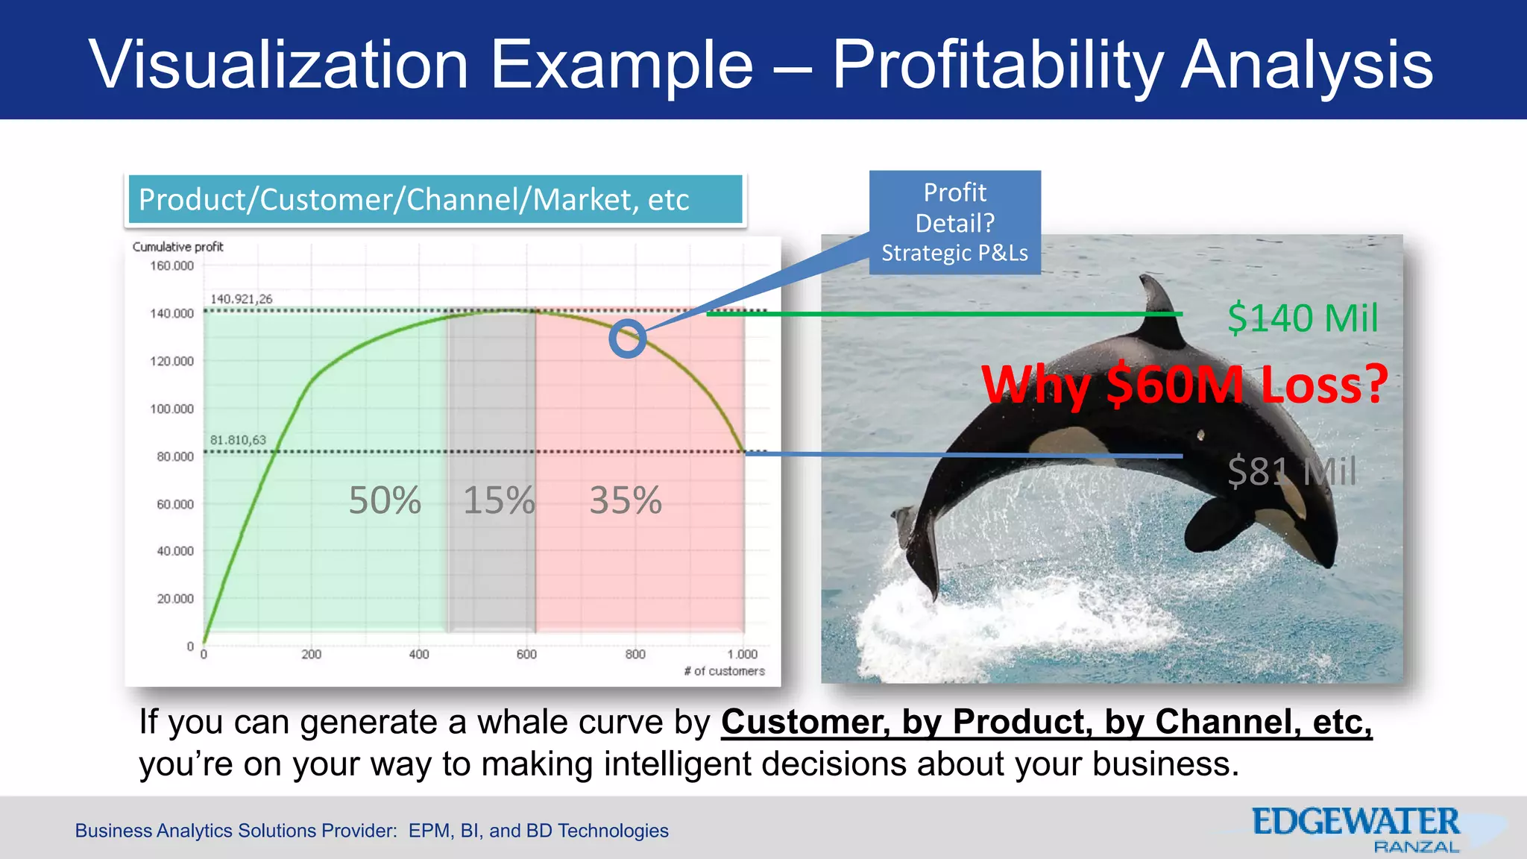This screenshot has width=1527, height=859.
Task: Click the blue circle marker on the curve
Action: [627, 339]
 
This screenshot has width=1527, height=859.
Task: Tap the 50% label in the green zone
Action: [385, 500]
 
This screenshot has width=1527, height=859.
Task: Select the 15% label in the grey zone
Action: [499, 500]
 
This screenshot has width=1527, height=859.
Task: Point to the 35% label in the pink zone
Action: [626, 500]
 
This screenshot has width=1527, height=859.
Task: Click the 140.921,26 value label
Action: [241, 299]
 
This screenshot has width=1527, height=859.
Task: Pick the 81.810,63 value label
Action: [238, 440]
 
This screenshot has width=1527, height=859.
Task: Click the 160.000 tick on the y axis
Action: [171, 266]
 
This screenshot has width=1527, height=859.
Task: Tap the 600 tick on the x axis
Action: [526, 655]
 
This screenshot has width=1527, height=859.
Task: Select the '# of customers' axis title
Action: [724, 671]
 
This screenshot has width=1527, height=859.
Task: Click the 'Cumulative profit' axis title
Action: [177, 247]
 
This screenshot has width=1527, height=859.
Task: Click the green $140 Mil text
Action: [1303, 318]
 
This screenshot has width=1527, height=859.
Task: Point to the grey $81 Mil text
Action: [1292, 471]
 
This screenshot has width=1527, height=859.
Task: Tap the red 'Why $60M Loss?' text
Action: [1184, 386]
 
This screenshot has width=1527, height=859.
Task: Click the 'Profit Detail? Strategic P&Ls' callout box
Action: [954, 222]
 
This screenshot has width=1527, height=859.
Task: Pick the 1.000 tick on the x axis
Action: [742, 655]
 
